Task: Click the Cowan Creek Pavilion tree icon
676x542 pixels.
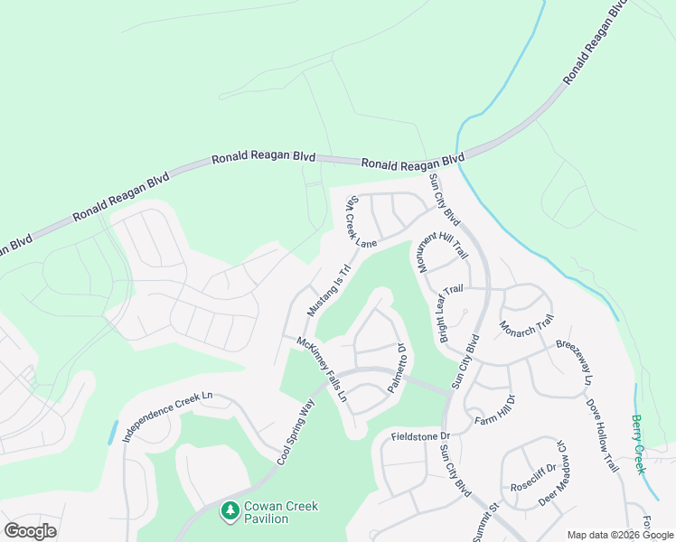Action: click(230, 512)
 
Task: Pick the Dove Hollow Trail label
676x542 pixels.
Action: click(602, 435)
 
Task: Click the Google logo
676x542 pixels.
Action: click(30, 530)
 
